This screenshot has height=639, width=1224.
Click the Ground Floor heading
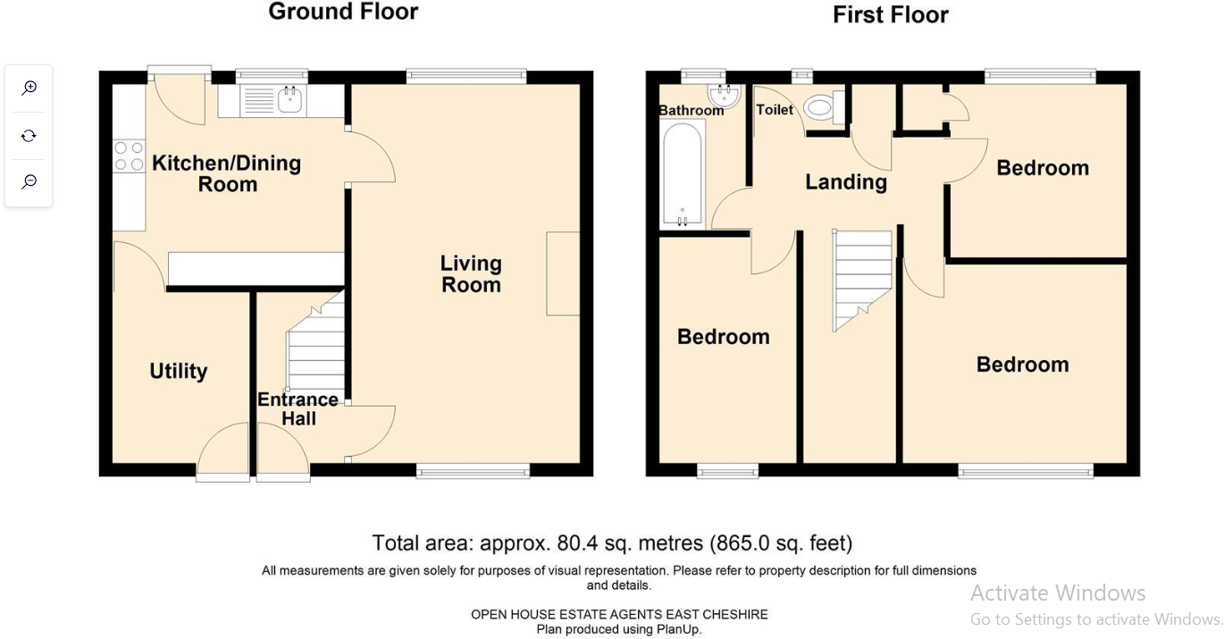pos(343,12)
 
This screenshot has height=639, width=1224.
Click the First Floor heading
pos(890,15)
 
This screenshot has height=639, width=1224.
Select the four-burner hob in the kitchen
pos(129,156)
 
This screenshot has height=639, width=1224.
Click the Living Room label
pos(471,274)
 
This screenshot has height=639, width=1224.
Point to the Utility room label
pos(179,371)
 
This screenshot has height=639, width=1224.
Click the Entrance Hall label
pos(298,408)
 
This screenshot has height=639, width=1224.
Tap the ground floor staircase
pos(316,349)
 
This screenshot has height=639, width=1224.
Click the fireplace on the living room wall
pos(563,273)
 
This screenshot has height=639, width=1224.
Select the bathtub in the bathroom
pos(683,174)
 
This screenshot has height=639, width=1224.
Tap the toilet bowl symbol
pos(819,108)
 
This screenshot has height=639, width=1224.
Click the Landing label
pos(846,182)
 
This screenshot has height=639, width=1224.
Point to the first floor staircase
pos(862,277)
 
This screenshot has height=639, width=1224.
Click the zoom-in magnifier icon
pos(29,88)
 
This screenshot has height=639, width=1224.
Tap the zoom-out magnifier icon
pos(29,181)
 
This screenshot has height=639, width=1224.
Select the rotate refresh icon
pos(29,135)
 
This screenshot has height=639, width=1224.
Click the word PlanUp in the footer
pos(681,629)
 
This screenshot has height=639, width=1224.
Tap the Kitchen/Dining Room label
pos(227,173)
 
